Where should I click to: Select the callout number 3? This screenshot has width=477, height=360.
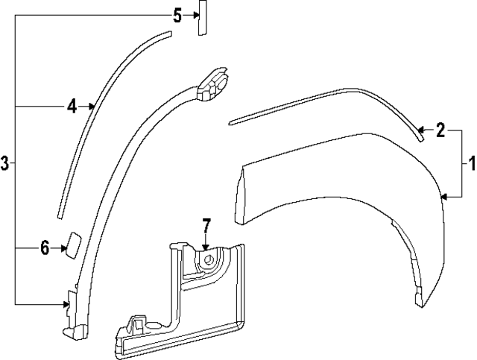[5, 163]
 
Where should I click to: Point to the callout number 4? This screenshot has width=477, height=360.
[72, 107]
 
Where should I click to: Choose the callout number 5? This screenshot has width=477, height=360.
[177, 15]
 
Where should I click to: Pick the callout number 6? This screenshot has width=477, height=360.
[45, 247]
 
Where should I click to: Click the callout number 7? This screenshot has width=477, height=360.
[206, 224]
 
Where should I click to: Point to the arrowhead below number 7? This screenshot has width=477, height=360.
[206, 245]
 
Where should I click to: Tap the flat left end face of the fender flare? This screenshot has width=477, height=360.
[239, 195]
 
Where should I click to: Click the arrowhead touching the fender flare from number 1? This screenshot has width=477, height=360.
[445, 197]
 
